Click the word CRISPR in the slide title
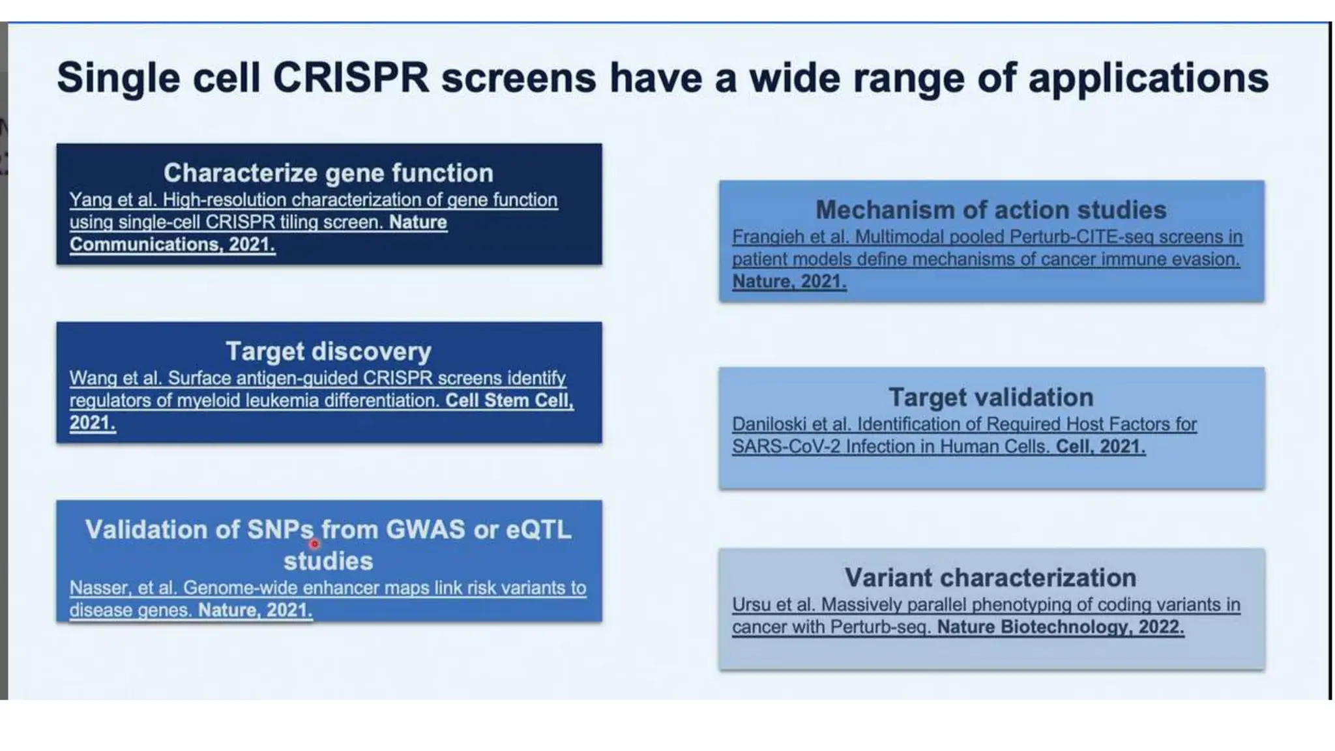click(350, 78)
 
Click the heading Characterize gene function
click(329, 173)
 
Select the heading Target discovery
click(329, 351)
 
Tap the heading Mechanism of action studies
click(991, 210)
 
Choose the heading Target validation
click(991, 397)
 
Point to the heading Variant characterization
click(991, 578)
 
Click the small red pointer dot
click(315, 544)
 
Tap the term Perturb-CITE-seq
click(1081, 237)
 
